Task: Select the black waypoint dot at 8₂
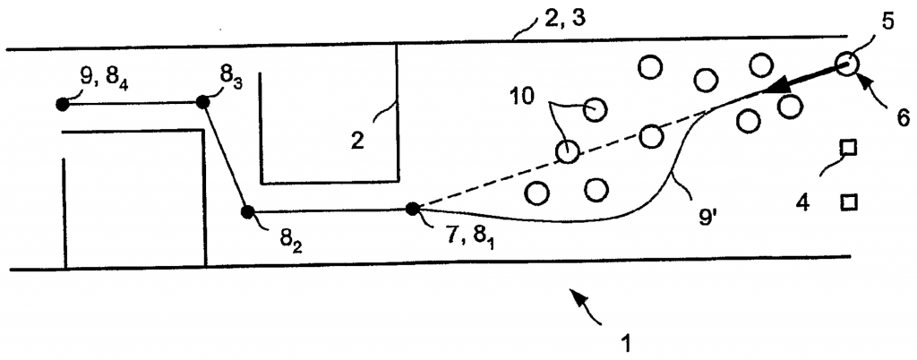click(x=248, y=211)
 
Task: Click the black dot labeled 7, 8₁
click(x=413, y=209)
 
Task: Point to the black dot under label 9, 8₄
click(x=62, y=104)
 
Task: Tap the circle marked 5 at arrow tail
click(x=846, y=63)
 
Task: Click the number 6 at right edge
click(x=903, y=116)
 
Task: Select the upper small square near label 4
click(x=846, y=148)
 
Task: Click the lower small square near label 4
click(x=846, y=202)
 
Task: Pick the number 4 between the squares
click(x=802, y=203)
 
